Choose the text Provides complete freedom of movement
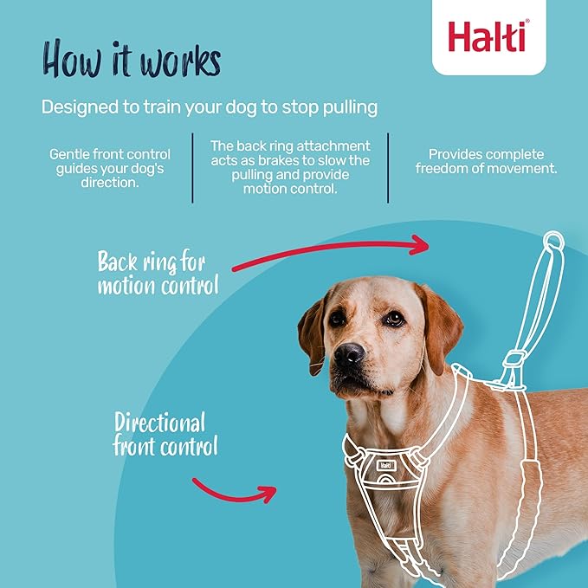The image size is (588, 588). coord(486,161)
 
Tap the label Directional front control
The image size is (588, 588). coord(165,435)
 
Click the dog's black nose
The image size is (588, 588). coord(349,354)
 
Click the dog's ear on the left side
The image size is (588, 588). coord(313,330)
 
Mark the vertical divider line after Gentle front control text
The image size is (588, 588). coord(192,167)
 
